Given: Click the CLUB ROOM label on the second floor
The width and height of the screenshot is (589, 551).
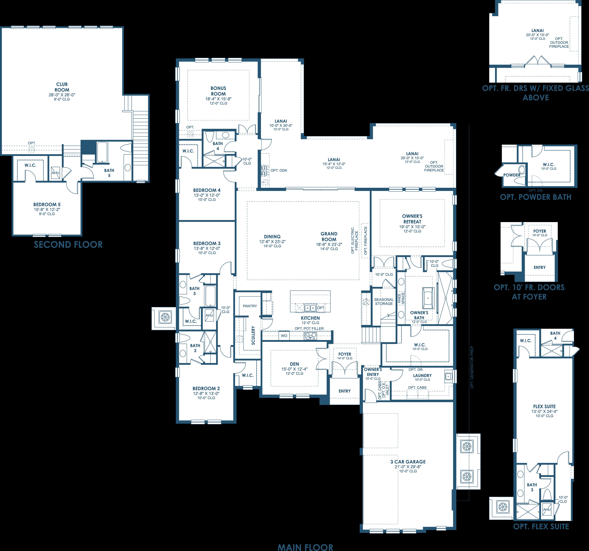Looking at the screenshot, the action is click(x=62, y=87).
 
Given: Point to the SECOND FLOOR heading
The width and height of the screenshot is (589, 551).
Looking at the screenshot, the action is click(x=68, y=245).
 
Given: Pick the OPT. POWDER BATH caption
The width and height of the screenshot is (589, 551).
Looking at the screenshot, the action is click(x=535, y=197).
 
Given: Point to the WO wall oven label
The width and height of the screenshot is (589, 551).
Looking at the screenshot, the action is click(x=284, y=336).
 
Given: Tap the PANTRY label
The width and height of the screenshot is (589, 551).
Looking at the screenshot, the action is click(x=250, y=306).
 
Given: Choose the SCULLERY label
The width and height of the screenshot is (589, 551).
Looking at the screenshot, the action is click(x=253, y=335).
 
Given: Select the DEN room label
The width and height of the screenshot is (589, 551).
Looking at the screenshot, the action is click(x=295, y=364).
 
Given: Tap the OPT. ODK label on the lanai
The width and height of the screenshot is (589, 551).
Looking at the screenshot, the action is click(x=279, y=170).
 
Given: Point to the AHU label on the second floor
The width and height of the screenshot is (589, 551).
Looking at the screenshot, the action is click(x=55, y=173).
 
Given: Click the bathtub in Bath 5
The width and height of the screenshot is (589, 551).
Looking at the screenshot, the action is click(x=102, y=152).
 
